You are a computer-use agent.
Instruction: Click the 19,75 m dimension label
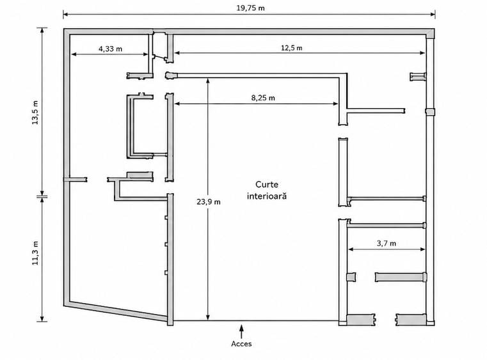(x=251, y=8)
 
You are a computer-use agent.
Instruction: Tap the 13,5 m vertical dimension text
(x=35, y=113)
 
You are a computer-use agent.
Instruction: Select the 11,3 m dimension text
(x=35, y=253)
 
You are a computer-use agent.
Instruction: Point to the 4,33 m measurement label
(x=110, y=49)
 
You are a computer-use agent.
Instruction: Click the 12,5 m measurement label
(x=292, y=48)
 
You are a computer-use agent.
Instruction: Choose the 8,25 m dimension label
(x=263, y=98)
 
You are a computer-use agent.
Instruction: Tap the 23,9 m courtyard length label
(x=209, y=201)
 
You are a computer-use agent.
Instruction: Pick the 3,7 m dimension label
(x=387, y=244)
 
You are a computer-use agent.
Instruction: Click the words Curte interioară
(x=267, y=191)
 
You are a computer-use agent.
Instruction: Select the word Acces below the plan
(x=241, y=344)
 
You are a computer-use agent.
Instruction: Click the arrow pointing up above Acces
(x=241, y=331)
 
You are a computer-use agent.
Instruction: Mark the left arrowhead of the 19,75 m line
(x=65, y=14)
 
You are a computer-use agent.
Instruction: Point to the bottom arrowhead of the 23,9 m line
(x=208, y=318)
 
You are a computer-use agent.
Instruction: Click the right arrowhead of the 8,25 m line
(x=336, y=104)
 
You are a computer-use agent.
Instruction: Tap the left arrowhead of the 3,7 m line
(x=351, y=249)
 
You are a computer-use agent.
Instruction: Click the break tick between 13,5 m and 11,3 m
(x=42, y=196)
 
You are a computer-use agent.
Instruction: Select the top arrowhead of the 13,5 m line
(x=42, y=31)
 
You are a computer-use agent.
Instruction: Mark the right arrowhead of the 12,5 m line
(x=422, y=53)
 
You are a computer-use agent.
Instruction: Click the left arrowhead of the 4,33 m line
(x=74, y=54)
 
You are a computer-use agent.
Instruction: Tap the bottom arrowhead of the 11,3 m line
(x=42, y=318)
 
